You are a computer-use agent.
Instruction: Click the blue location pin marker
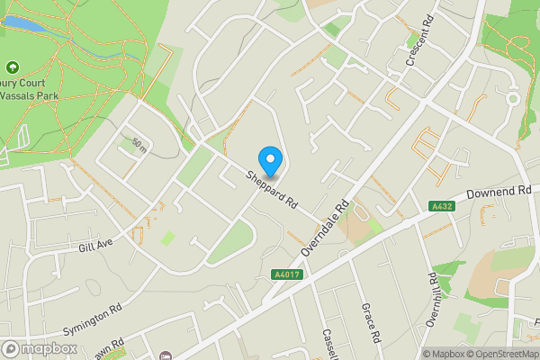point(270,160)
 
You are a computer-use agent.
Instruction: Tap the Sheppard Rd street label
point(273,190)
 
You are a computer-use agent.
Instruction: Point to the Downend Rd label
point(499,193)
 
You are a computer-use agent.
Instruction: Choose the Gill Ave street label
point(95,244)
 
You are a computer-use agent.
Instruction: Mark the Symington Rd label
point(92,319)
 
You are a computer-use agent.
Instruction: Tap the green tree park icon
point(12,67)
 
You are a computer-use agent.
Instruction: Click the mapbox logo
point(39,348)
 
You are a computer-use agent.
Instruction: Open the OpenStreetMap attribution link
point(502,354)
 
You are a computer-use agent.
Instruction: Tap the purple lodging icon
point(166,355)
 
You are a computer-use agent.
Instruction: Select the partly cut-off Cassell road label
point(328,344)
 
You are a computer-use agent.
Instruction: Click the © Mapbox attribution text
point(443,354)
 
